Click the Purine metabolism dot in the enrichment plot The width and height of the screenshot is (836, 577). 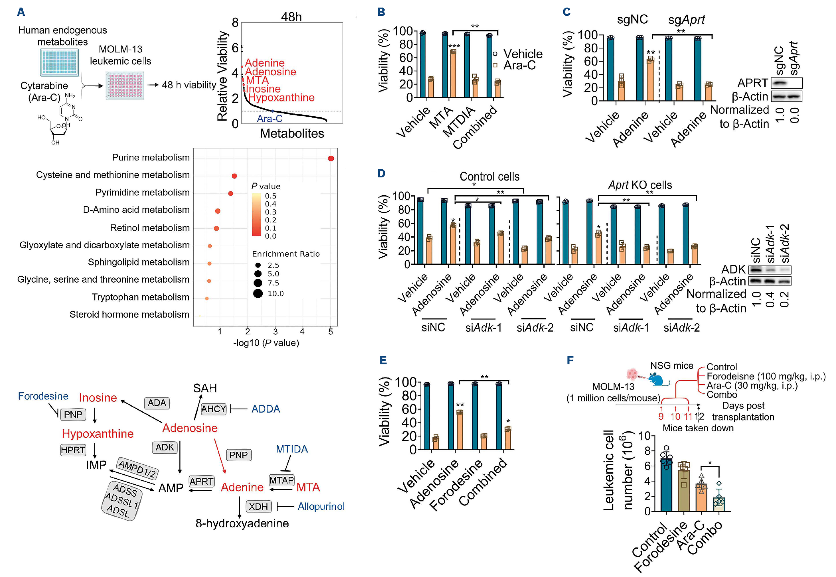pos(330,158)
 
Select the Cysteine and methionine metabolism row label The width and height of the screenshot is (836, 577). pos(113,175)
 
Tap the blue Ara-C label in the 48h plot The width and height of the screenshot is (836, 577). pos(270,119)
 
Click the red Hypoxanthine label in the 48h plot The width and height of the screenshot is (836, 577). pos(281,98)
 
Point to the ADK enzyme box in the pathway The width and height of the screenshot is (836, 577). pos(165,448)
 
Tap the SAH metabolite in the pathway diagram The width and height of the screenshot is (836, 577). pos(205,388)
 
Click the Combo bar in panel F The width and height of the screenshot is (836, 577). pos(719,504)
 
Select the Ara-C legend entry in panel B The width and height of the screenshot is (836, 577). pos(519,65)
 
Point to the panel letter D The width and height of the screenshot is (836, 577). pos(381,173)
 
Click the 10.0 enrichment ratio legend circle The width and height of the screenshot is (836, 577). pos(258,293)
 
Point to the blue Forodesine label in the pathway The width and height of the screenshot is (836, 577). pos(43,396)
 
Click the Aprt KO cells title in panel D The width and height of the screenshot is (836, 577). pos(640,185)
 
